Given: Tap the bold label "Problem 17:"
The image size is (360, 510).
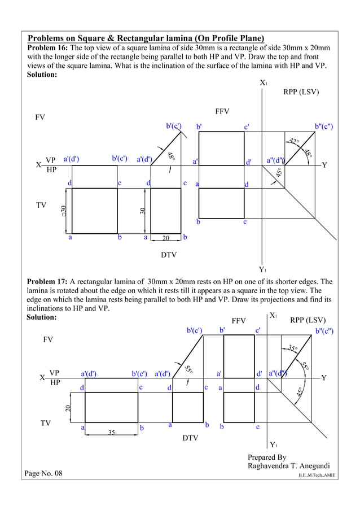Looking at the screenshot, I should click(47, 281).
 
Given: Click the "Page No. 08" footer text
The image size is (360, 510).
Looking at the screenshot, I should click(43, 473).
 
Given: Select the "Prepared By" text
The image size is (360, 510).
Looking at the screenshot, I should click(267, 457).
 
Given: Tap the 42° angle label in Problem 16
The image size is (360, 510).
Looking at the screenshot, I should click(294, 141).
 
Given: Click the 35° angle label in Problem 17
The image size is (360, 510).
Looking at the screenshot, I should click(293, 348).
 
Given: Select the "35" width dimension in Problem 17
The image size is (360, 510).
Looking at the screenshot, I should click(112, 433).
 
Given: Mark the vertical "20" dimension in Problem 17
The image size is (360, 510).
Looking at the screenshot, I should click(68, 408).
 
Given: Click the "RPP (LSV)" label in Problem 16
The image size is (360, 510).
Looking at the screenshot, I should click(301, 92).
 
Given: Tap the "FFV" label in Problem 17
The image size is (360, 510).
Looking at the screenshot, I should click(239, 321).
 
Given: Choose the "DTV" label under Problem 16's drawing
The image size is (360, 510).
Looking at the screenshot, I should click(169, 255).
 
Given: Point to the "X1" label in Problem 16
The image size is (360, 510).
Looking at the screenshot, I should click(264, 83).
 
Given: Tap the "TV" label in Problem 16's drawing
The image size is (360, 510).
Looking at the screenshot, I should click(41, 205).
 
